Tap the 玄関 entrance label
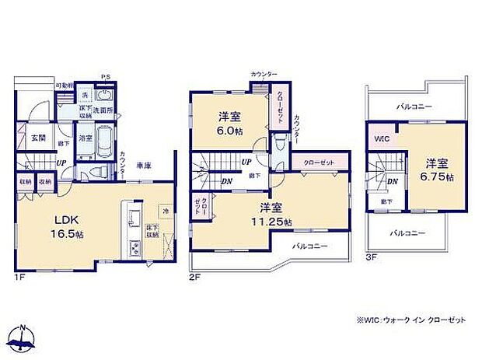click(38, 138)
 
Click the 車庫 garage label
click(143, 166)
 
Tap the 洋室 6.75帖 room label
click(437, 170)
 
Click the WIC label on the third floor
click(382, 139)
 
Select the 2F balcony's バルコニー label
click(309, 246)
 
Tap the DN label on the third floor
click(394, 181)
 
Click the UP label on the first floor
click(60, 163)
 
